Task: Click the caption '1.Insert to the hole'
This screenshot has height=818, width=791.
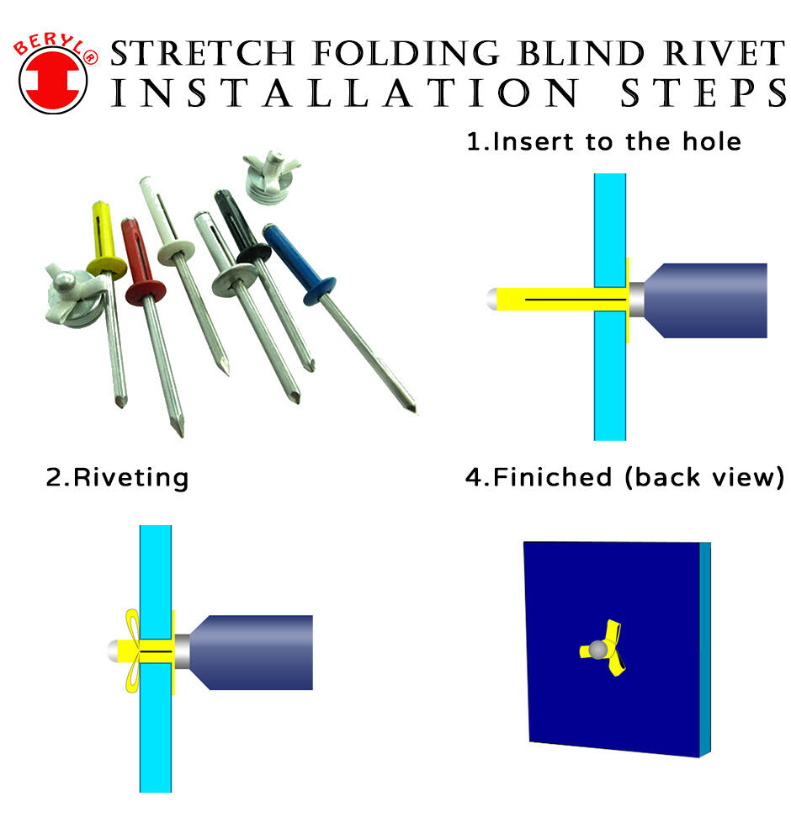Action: (x=604, y=141)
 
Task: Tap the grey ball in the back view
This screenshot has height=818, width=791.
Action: (x=598, y=649)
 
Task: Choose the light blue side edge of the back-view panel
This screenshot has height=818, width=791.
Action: (x=706, y=648)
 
